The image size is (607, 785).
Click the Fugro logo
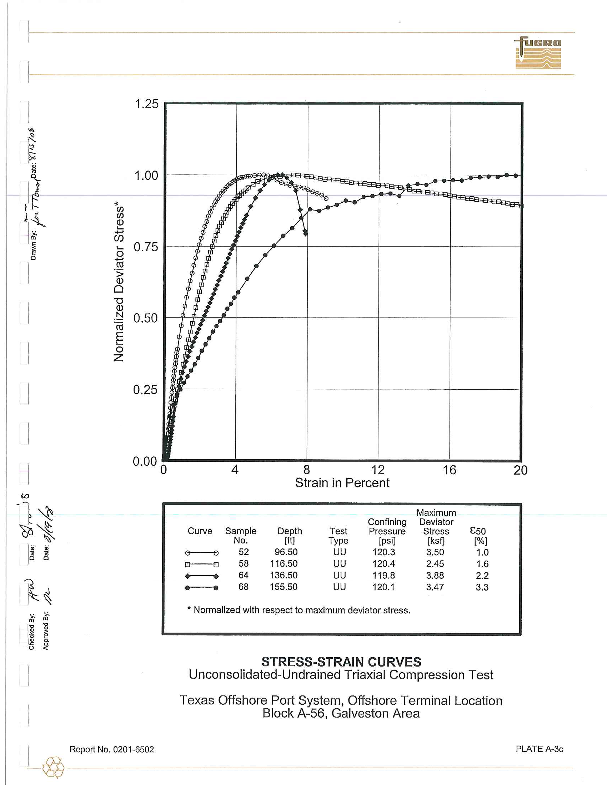538,53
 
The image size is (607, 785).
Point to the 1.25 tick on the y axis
146,104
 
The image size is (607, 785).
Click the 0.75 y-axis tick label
146,247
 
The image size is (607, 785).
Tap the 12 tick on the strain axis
377,470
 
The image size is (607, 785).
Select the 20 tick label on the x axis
520,470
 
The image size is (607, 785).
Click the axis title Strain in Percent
342,483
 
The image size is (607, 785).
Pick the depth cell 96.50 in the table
286,552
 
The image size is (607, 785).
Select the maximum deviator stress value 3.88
435,576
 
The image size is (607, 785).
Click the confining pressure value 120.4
383,563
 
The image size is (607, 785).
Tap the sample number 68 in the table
244,587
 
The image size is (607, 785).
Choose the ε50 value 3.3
482,587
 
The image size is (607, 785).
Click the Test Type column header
338,536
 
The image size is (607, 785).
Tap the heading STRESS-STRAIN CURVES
341,662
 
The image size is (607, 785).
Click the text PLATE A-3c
540,749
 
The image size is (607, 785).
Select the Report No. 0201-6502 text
111,749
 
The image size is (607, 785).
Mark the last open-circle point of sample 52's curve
326,199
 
